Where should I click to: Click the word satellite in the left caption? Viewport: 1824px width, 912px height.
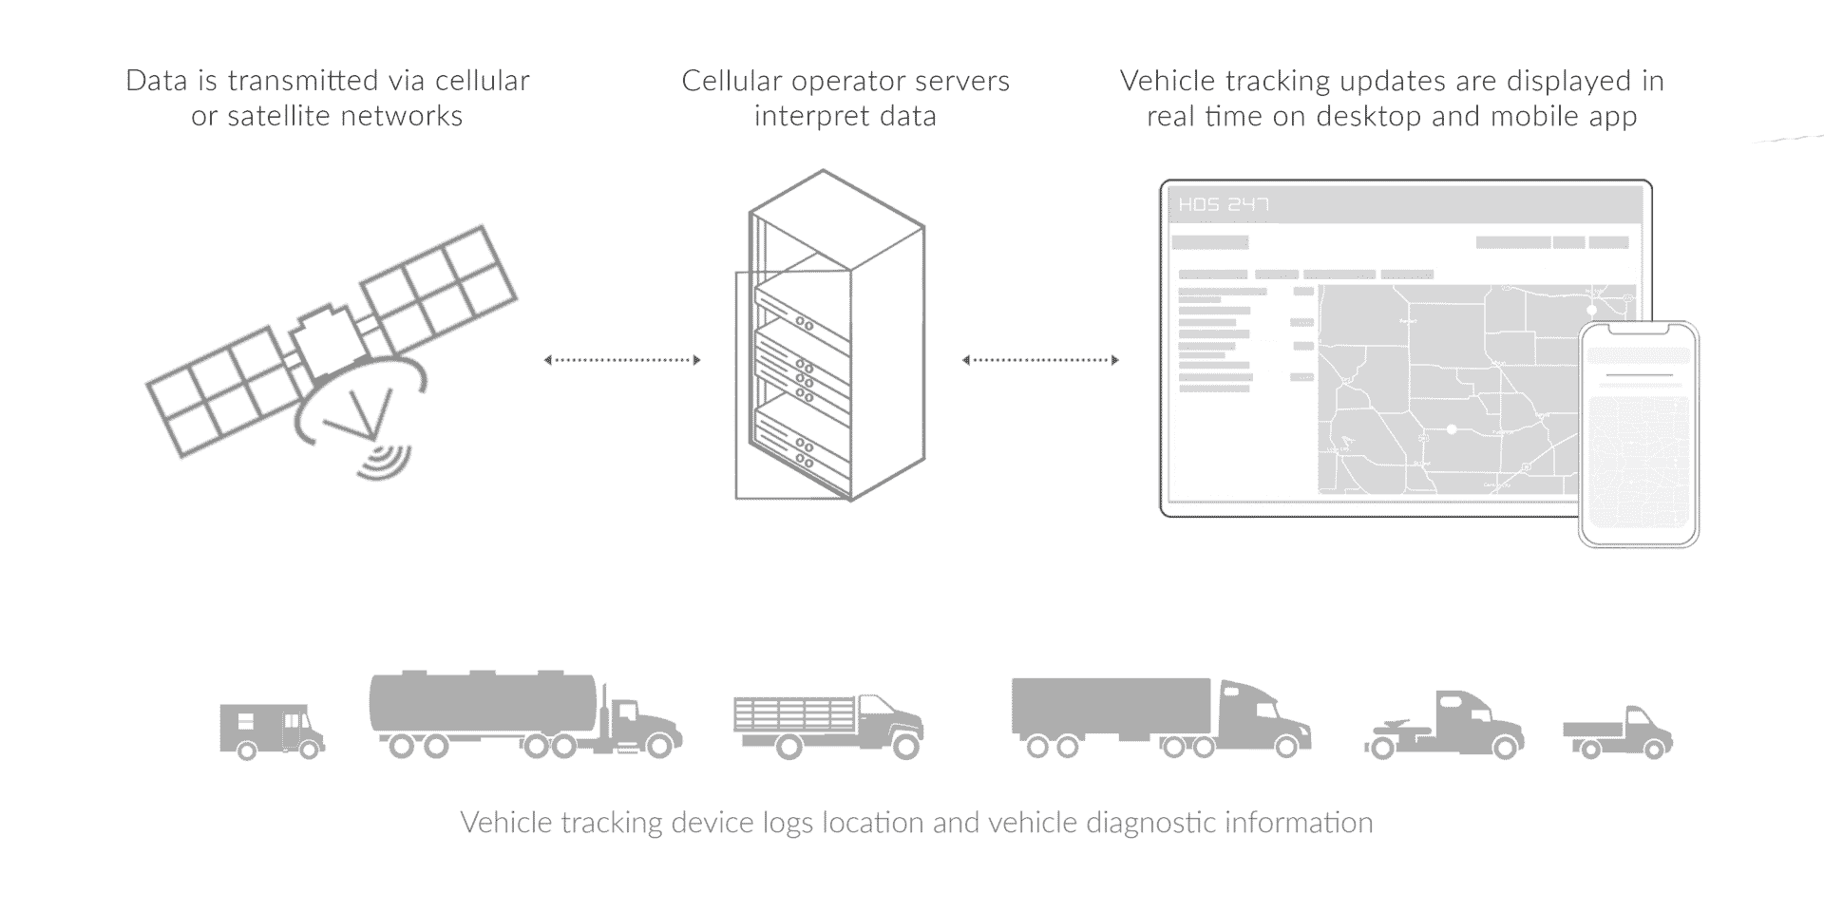(x=276, y=116)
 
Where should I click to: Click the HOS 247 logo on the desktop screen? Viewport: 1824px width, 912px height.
(x=1224, y=204)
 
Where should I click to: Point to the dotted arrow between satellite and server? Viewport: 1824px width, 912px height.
(x=622, y=360)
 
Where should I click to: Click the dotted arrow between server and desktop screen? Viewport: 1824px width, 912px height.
(x=1040, y=360)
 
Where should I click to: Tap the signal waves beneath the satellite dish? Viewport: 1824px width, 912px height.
(x=386, y=461)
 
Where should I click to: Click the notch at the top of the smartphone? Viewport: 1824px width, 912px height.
(x=1638, y=330)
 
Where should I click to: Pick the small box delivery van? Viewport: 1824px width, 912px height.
(x=271, y=730)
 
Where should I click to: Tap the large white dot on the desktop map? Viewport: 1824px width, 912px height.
(x=1452, y=429)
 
